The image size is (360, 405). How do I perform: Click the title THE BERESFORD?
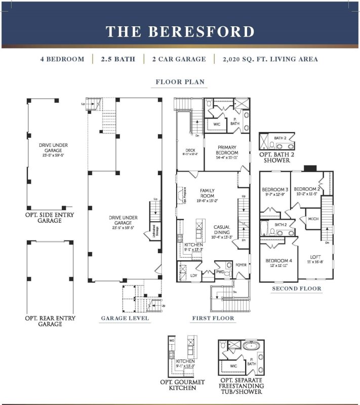tap(180, 31)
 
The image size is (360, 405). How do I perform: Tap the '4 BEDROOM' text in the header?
tap(62, 59)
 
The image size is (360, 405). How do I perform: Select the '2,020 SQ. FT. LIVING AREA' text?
tap(270, 59)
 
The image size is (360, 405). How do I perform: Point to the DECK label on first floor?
tap(190, 150)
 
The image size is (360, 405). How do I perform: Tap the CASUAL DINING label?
tap(223, 230)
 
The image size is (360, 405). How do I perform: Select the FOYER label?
tap(241, 264)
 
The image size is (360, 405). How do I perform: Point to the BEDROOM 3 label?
tap(275, 190)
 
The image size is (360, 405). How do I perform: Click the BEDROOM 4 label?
tap(277, 262)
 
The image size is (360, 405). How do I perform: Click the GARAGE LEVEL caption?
tap(125, 318)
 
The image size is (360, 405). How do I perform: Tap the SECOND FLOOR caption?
tap(296, 289)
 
